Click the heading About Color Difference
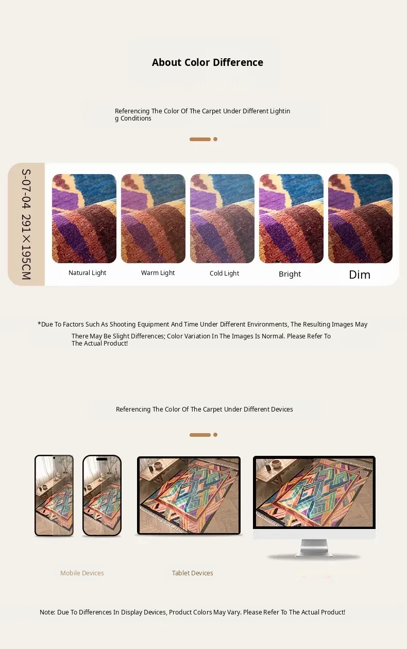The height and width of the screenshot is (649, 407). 208,62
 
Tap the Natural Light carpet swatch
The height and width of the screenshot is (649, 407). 84,218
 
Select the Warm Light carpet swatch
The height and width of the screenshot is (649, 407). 153,218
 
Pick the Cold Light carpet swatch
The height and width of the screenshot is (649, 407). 222,218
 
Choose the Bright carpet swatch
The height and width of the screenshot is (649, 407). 291,218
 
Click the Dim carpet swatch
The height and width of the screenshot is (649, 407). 360,218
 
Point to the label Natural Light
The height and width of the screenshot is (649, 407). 87,273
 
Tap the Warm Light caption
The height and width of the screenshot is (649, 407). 158,273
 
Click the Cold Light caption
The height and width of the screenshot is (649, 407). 225,273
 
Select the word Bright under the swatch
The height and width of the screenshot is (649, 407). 290,274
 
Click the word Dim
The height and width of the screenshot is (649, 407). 360,275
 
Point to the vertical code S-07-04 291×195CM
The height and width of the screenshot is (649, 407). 26,224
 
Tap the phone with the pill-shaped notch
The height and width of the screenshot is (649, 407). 102,496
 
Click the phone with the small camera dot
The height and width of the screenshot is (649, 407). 54,496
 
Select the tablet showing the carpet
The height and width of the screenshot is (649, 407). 189,496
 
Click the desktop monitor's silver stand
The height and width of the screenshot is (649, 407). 314,548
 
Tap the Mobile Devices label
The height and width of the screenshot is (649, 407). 82,573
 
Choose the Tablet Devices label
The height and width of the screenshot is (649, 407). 193,573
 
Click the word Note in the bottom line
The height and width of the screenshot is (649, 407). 47,612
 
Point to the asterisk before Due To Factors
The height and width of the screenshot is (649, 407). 39,323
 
